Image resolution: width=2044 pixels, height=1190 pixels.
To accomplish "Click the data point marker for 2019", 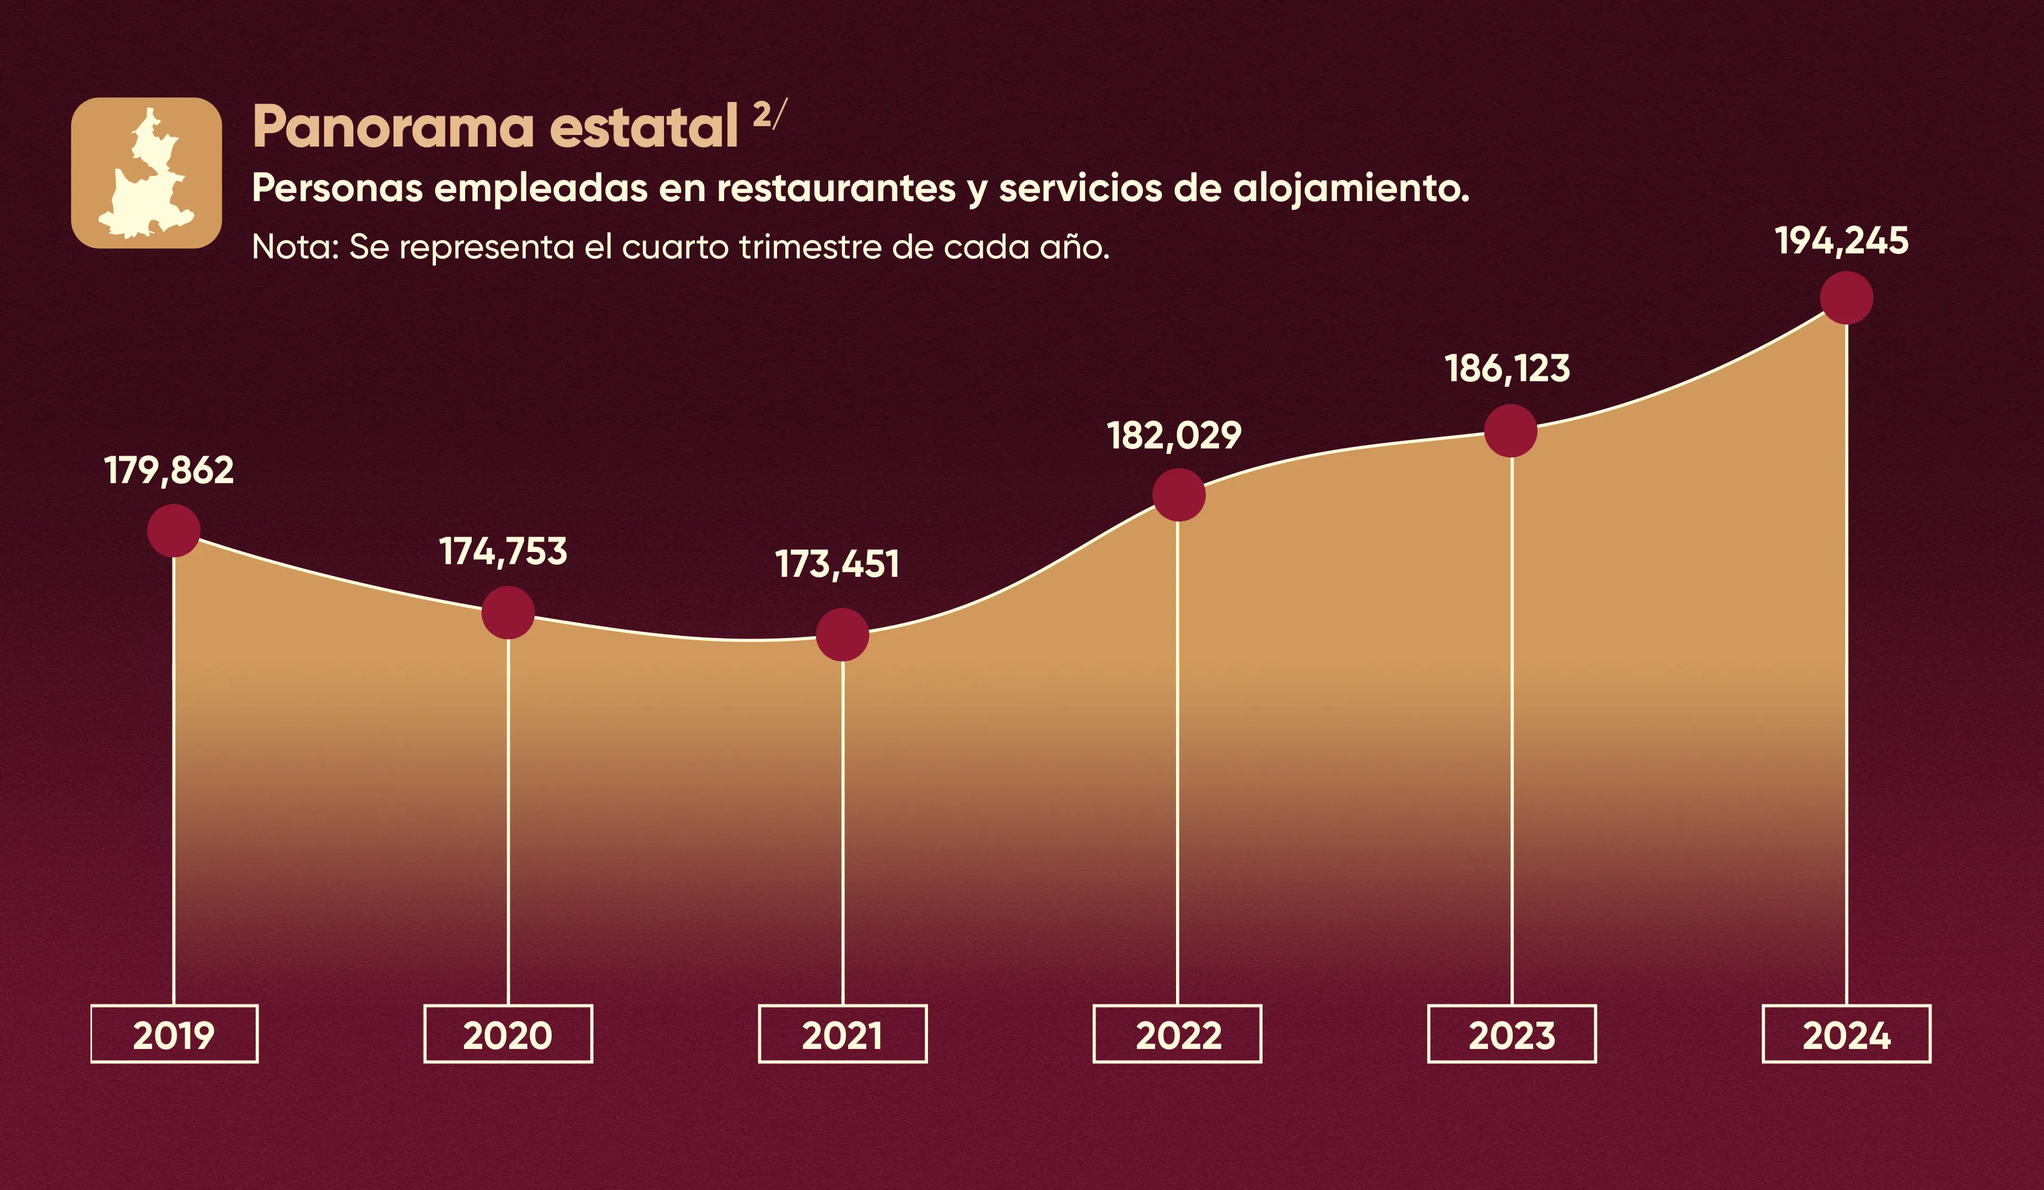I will click(x=174, y=531).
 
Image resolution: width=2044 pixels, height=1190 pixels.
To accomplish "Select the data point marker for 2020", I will click(x=508, y=613).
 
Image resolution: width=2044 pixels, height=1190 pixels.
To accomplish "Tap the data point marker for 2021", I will click(x=842, y=635).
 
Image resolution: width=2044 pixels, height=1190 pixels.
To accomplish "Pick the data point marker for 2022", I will click(x=1179, y=495).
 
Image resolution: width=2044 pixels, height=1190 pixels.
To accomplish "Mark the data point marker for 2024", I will click(x=1846, y=297).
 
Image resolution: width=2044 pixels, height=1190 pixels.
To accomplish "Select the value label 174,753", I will click(x=503, y=552).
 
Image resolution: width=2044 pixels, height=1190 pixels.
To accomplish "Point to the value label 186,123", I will click(x=1507, y=369).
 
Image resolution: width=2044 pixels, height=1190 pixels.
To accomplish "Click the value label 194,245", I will click(x=1841, y=241).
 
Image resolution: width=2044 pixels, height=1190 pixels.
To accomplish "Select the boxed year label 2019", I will click(x=174, y=1034).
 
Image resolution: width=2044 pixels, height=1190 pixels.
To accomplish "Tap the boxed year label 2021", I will click(x=842, y=1034).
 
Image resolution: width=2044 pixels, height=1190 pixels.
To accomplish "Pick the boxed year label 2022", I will click(x=1178, y=1034).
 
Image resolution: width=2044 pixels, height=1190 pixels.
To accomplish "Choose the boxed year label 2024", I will click(x=1846, y=1034).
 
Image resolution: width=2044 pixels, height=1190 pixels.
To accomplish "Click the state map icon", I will click(x=147, y=172).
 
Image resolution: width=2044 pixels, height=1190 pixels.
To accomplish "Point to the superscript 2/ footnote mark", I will click(x=769, y=115).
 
